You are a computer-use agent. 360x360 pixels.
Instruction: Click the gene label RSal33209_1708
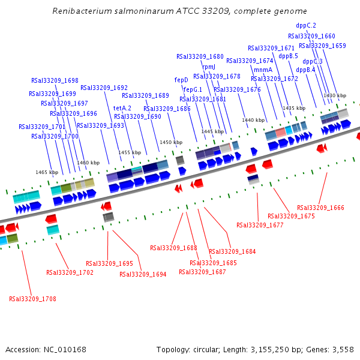coord(32,298)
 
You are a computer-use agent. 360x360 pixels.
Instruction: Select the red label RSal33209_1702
coord(70,272)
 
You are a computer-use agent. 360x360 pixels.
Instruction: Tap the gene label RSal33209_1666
coord(320,208)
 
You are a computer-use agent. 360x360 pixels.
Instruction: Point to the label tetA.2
coord(122,108)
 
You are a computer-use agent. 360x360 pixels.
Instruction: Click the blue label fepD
coord(181,80)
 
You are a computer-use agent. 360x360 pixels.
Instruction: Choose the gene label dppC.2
coord(306,25)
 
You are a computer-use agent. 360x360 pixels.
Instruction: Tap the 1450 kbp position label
coord(170,142)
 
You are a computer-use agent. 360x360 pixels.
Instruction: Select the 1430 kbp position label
coord(335,95)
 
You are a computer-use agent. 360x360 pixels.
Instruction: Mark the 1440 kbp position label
coord(253,120)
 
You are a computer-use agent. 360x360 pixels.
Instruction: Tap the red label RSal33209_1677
coord(260,226)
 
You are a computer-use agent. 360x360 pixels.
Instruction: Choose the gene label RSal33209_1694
coord(143,274)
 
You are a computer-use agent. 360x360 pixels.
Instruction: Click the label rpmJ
coord(208,67)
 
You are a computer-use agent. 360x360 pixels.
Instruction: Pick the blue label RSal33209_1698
coord(55,80)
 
